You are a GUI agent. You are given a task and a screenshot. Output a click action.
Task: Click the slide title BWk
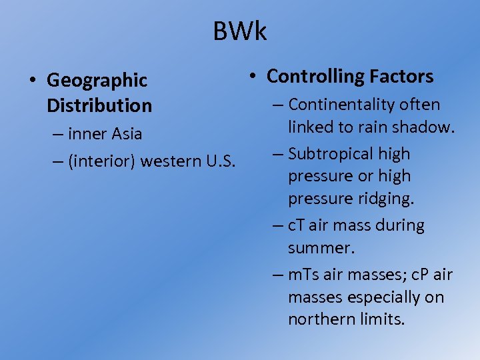239,31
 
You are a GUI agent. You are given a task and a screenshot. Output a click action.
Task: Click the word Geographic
97,81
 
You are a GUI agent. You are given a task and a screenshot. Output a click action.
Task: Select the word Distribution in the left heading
99,105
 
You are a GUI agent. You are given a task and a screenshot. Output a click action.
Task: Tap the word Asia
127,134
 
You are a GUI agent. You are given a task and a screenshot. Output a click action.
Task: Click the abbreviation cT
296,225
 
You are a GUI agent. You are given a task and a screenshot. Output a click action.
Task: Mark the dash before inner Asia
57,134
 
